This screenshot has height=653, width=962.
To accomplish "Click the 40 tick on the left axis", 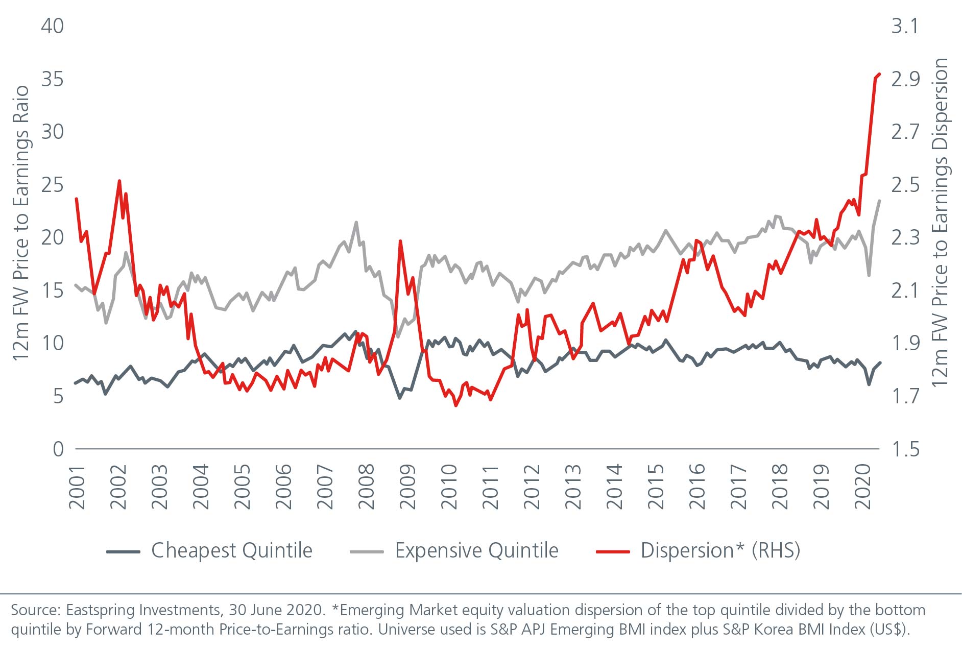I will click(x=52, y=26).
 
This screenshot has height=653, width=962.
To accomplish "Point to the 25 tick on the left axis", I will click(x=52, y=185).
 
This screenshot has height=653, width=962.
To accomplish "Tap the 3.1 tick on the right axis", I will click(x=905, y=26).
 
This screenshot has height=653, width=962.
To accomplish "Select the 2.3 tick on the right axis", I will click(x=905, y=238).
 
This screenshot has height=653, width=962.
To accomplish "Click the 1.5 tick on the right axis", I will click(x=905, y=449).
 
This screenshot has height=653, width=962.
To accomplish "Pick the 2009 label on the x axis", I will click(x=408, y=487).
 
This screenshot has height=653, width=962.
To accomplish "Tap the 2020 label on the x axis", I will click(x=862, y=487).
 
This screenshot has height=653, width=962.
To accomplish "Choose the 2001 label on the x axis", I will click(x=77, y=487).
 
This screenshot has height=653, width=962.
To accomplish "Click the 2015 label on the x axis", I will click(x=656, y=487).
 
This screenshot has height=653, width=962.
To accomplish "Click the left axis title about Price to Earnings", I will click(x=21, y=223).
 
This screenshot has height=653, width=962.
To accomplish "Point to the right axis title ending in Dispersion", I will click(x=940, y=223).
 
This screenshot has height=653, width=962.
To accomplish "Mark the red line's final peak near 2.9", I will click(x=879, y=75).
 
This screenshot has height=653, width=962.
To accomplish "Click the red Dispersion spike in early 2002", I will click(x=119, y=181).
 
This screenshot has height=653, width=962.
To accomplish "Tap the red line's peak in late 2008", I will click(x=400, y=241).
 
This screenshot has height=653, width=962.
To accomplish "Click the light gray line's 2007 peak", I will click(x=356, y=222).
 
